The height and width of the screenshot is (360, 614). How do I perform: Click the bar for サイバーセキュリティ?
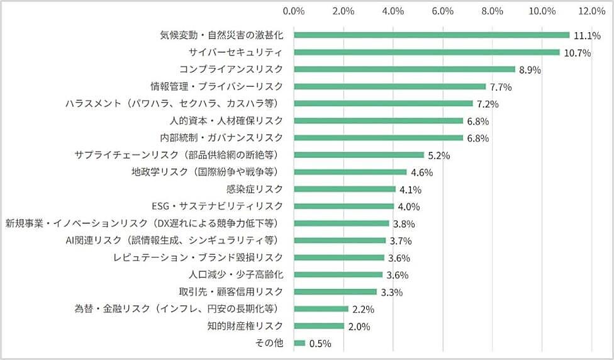427,52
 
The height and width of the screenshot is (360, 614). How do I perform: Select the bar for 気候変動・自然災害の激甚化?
432,35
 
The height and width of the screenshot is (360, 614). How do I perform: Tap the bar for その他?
299,343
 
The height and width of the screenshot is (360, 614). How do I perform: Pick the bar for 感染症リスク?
345,189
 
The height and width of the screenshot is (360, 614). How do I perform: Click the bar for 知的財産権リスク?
319,326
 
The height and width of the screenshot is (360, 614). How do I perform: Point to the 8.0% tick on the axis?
492,11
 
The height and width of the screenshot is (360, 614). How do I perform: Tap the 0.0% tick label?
294,11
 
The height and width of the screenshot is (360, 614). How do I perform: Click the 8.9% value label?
529,70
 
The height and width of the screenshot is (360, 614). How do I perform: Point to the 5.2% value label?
438,155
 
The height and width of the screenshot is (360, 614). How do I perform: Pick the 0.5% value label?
320,344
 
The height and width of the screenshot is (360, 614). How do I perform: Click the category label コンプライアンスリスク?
231,69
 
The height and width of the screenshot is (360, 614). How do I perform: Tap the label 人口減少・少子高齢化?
236,274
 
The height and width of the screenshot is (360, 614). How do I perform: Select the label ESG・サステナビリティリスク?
218,206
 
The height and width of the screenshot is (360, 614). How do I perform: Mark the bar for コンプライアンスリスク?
405,69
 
